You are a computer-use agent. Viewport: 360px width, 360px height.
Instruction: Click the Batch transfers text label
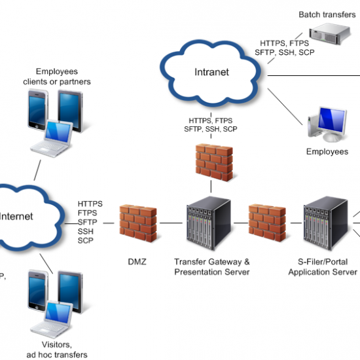pos(328,14)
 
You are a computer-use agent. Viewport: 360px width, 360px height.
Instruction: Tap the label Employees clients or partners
pos(63,77)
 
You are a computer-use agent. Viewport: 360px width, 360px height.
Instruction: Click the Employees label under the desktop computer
pos(327,152)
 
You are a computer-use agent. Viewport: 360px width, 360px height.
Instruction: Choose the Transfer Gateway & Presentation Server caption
pos(211,266)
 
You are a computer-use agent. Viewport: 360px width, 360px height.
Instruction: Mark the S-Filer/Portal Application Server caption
pos(323,266)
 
